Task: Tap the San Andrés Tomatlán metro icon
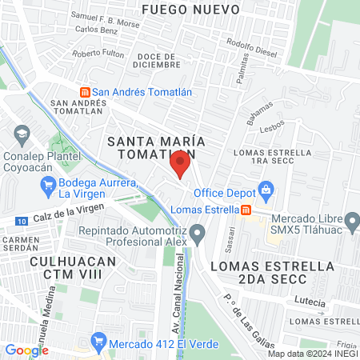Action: point(84,91)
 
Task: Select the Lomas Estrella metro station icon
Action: point(247,210)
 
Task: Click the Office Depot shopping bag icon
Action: point(266,191)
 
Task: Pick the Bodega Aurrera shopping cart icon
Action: point(47,186)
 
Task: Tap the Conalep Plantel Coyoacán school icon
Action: point(22,131)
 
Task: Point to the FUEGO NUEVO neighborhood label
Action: point(202,9)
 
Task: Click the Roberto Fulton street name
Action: point(98,54)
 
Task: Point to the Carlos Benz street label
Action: point(97,29)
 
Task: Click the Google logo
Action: point(26,350)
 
